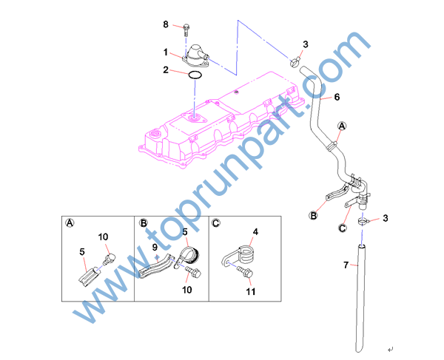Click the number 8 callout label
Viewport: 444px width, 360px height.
click(x=166, y=24)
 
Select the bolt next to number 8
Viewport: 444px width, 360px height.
click(x=186, y=30)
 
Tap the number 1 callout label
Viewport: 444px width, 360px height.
click(x=166, y=52)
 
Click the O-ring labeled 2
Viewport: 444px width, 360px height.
click(x=195, y=75)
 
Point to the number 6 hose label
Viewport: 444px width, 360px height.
click(x=337, y=97)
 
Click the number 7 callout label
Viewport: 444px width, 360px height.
click(x=346, y=265)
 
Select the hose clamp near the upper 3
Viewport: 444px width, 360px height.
click(x=295, y=62)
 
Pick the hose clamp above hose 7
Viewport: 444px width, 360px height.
click(x=363, y=221)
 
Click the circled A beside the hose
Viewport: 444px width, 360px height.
click(x=342, y=126)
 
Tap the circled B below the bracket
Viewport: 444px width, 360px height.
click(x=313, y=216)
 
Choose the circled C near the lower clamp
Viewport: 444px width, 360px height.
click(x=343, y=228)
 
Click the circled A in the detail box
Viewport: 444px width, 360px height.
click(x=70, y=223)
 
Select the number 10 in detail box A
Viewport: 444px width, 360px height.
click(x=103, y=237)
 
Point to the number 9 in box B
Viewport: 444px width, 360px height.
click(x=155, y=247)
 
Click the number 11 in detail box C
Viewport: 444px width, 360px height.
click(x=251, y=291)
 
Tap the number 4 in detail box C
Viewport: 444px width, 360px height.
click(x=255, y=232)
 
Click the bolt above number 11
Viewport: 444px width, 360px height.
click(x=245, y=272)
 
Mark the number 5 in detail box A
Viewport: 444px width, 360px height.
click(x=82, y=251)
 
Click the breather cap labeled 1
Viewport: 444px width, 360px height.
click(x=195, y=55)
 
